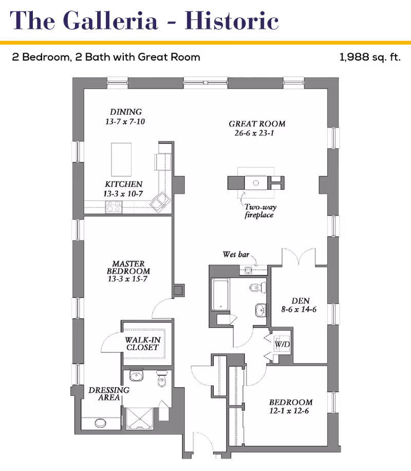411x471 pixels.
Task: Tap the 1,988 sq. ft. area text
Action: tap(370, 57)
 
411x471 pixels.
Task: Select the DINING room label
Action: tap(126, 112)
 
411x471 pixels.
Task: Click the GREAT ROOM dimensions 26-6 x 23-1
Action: tap(254, 133)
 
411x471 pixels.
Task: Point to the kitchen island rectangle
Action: tap(121, 159)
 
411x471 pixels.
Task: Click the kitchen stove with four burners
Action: tap(114, 207)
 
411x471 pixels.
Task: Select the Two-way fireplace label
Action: tap(260, 211)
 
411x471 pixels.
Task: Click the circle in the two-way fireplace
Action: tap(256, 183)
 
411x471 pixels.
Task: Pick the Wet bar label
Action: tap(236, 255)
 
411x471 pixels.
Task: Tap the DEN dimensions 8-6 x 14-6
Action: tap(298, 310)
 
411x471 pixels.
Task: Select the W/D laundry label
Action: tap(282, 344)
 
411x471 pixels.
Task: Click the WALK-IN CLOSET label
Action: tap(143, 343)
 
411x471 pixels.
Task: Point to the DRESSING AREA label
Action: tap(109, 393)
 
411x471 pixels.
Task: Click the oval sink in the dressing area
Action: tap(100, 423)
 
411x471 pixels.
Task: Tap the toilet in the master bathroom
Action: tap(161, 379)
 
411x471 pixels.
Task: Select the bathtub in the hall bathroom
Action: tap(220, 294)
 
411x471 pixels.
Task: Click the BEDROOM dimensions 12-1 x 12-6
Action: tap(289, 411)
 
